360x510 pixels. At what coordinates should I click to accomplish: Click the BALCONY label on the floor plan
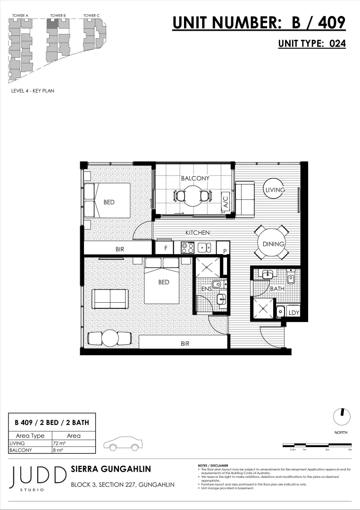[195, 178]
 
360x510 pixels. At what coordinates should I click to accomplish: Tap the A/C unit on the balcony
[226, 202]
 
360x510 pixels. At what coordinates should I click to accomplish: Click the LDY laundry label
[293, 313]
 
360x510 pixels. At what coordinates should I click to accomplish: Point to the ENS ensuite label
[206, 289]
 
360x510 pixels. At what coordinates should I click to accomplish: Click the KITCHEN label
[197, 233]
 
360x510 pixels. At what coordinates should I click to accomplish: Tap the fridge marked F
[166, 247]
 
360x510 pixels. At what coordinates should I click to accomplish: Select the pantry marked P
[225, 250]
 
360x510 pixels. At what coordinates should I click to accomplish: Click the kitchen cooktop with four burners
[187, 247]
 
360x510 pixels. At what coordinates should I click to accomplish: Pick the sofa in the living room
[244, 197]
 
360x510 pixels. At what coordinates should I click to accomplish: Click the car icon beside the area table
[123, 444]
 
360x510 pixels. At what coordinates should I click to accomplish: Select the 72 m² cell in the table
[73, 443]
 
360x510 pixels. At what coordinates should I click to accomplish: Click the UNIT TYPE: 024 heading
[312, 43]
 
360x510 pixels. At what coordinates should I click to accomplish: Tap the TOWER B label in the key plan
[58, 16]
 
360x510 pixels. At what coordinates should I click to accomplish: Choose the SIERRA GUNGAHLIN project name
[110, 469]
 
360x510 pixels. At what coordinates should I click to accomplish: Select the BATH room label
[276, 288]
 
